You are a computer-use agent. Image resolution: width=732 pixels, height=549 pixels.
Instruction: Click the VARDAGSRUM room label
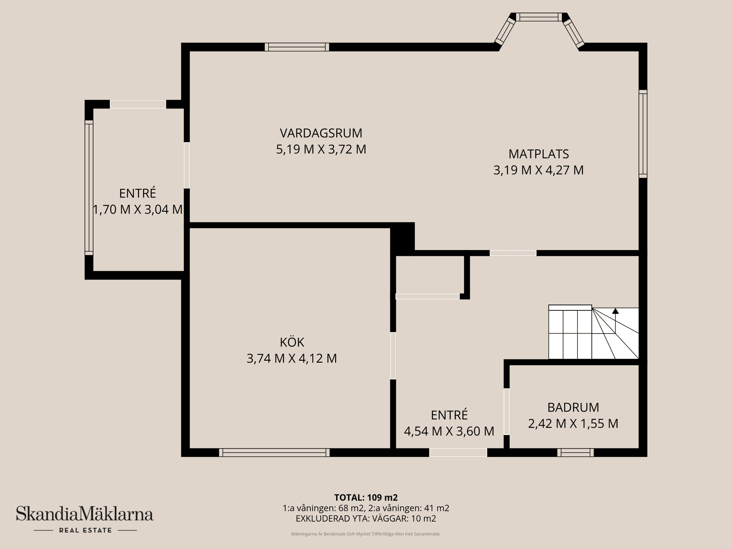(x=321, y=133)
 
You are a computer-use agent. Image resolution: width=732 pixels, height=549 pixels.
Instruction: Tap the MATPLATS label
(x=538, y=154)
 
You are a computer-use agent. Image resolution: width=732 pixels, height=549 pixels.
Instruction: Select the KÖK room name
(x=292, y=342)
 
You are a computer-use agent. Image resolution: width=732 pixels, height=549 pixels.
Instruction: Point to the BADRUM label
(x=573, y=408)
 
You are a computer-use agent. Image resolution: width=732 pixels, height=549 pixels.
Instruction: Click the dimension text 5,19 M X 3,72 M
(x=321, y=149)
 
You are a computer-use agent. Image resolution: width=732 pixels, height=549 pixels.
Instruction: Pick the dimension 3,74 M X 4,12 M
(x=292, y=358)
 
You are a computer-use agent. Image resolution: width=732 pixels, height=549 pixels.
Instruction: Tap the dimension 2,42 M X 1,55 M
(x=573, y=424)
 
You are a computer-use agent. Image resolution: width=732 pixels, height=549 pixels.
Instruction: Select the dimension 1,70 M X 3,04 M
(x=138, y=210)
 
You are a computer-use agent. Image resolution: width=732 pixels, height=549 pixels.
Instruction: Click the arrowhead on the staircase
(x=615, y=311)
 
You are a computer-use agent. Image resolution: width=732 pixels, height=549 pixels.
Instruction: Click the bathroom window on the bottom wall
(x=575, y=453)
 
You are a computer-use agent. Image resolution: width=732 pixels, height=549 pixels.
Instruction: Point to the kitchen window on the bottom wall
(x=274, y=453)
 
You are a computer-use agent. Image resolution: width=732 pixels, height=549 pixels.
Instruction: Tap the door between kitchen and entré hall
(x=393, y=356)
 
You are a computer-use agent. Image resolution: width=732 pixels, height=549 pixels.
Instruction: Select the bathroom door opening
(x=506, y=411)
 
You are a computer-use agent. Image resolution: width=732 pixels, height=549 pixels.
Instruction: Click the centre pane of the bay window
(x=539, y=17)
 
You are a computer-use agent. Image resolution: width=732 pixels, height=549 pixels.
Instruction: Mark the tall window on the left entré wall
(x=89, y=188)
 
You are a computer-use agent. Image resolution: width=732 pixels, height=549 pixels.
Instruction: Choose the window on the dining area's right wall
(x=643, y=134)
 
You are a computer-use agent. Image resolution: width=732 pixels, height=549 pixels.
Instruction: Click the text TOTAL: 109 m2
(x=366, y=498)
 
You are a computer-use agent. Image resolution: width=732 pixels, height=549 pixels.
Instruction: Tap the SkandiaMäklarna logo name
(x=85, y=514)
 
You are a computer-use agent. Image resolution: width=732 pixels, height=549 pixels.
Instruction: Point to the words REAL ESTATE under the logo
(x=85, y=530)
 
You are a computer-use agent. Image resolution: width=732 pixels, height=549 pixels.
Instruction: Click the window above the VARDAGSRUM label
(x=297, y=47)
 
